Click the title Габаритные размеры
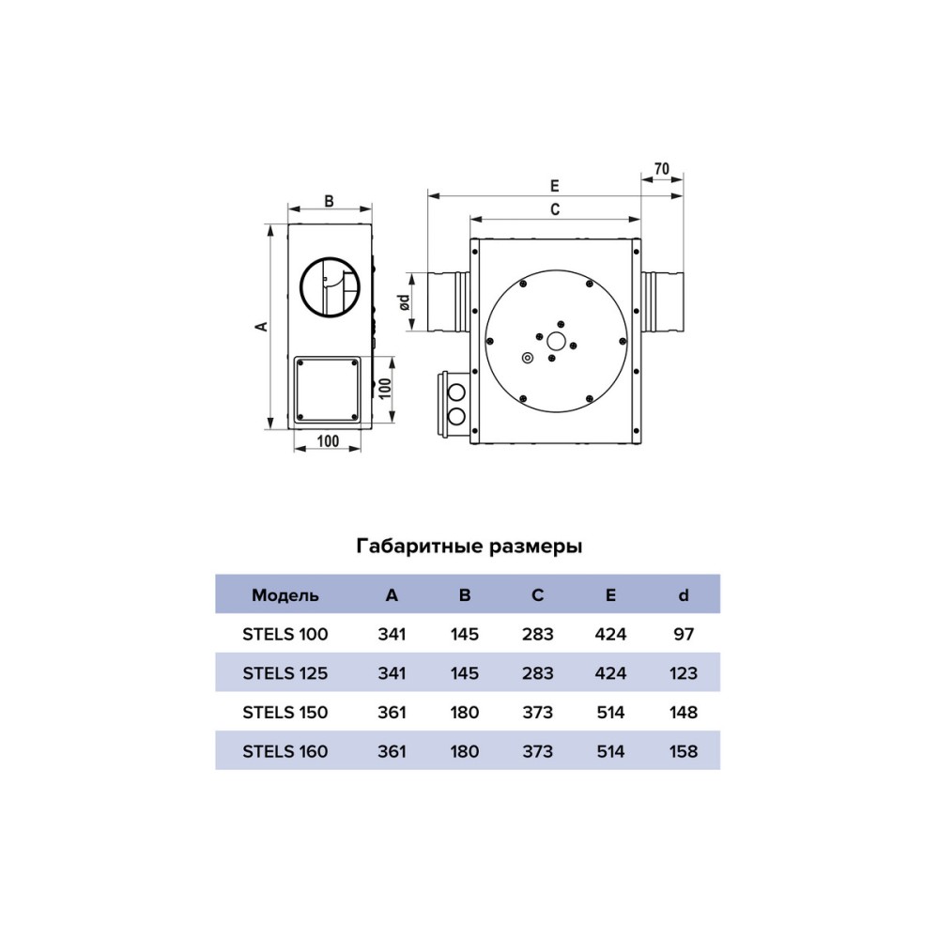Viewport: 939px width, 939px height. pos(469,546)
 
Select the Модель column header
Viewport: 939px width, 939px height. pos(285,595)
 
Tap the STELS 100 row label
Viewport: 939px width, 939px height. pos(285,634)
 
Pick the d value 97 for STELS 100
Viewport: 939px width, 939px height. pos(684,634)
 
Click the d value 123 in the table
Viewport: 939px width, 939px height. pos(684,673)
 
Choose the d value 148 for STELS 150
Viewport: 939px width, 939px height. pos(684,712)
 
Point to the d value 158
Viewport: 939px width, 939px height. pos(684,751)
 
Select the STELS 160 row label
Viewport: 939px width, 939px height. pos(285,751)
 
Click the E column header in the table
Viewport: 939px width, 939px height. pos(610,595)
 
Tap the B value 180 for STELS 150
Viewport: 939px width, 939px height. pos(465,712)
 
